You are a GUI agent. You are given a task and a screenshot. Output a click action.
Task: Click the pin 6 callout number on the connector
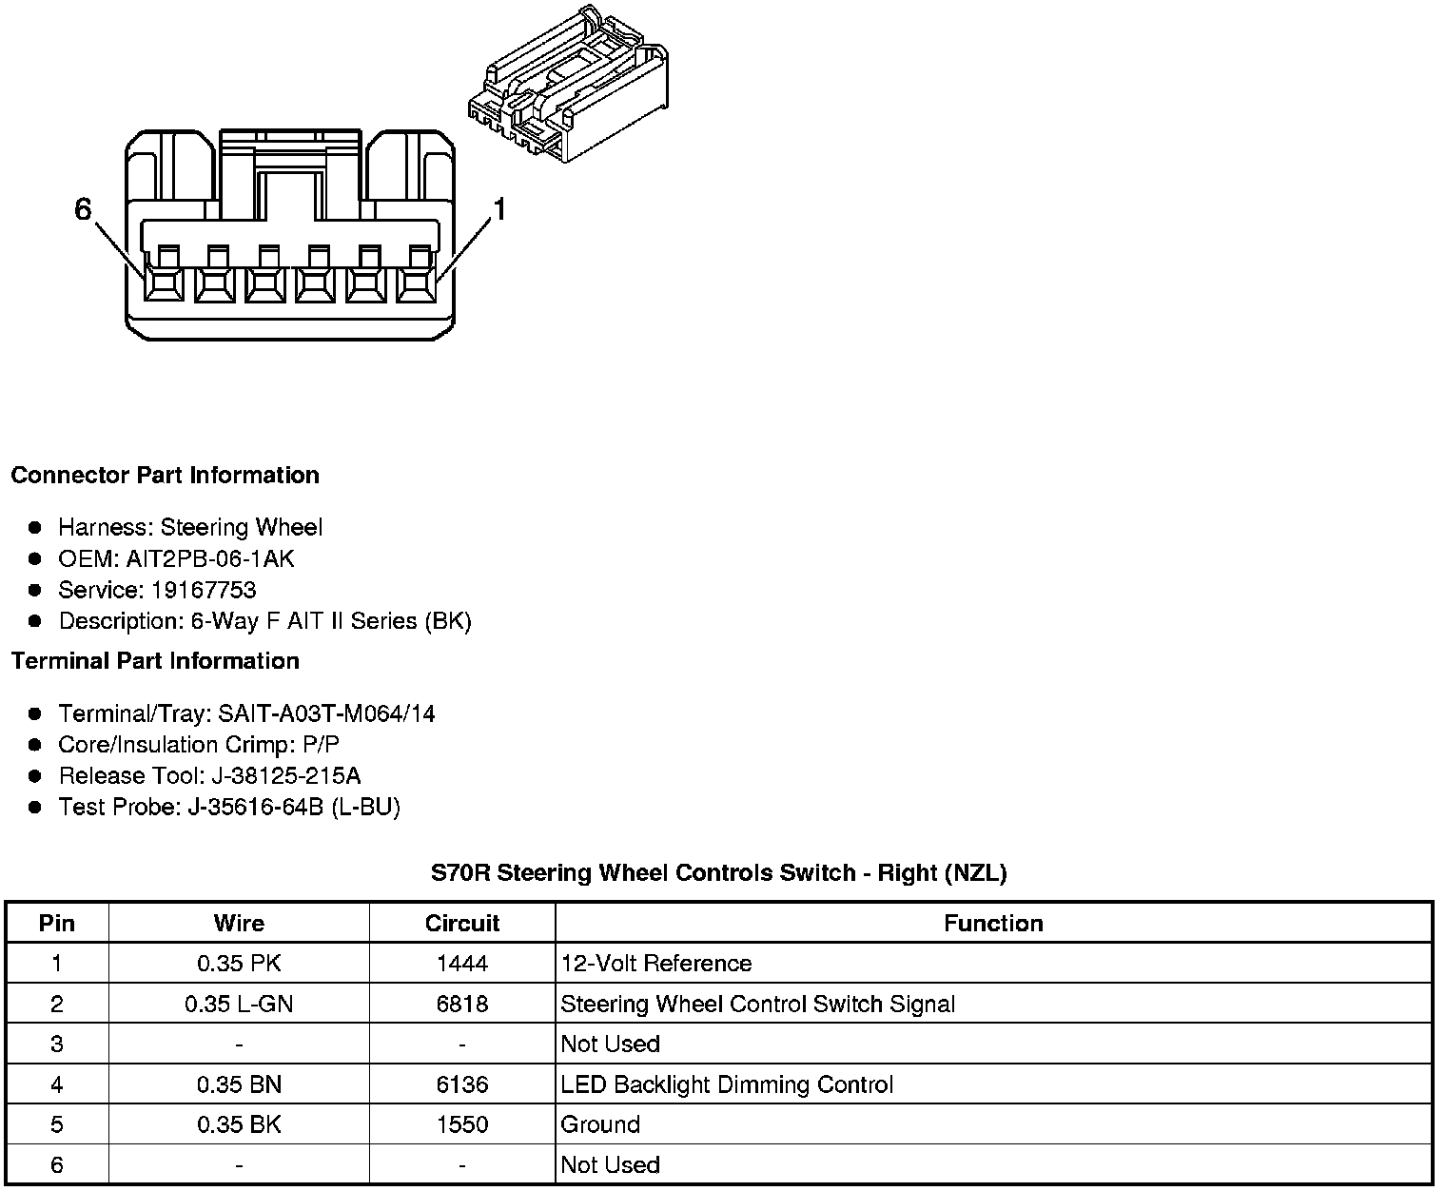pyautogui.click(x=83, y=209)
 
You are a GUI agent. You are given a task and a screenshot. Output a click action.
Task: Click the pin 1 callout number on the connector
pyautogui.click(x=498, y=209)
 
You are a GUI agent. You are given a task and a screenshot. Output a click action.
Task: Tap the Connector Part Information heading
pyautogui.click(x=165, y=476)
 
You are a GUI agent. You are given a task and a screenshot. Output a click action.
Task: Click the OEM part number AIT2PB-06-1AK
pyautogui.click(x=209, y=558)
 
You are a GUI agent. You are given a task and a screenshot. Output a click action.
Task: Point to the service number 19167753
pyautogui.click(x=204, y=590)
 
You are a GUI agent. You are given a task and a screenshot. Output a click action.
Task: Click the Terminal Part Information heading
pyautogui.click(x=155, y=661)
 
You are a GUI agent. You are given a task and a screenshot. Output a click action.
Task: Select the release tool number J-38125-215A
pyautogui.click(x=283, y=776)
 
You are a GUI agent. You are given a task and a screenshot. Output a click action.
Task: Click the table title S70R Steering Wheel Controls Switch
pyautogui.click(x=718, y=872)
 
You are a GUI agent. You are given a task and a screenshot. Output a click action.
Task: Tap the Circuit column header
pyautogui.click(x=462, y=924)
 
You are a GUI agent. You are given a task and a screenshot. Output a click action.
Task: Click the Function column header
pyautogui.click(x=993, y=924)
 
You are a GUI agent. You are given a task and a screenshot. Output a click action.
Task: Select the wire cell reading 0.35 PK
pyautogui.click(x=239, y=964)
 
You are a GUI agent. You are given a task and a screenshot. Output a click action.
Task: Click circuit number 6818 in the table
pyautogui.click(x=462, y=1005)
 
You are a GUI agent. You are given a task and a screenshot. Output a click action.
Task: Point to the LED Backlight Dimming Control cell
pyautogui.click(x=727, y=1084)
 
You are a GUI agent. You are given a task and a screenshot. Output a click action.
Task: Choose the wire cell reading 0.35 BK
pyautogui.click(x=239, y=1124)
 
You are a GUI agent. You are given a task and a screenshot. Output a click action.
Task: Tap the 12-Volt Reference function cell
pyautogui.click(x=656, y=964)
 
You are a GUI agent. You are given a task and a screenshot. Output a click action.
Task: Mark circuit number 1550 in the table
pyautogui.click(x=462, y=1124)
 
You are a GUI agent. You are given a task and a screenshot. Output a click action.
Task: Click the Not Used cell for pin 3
pyautogui.click(x=610, y=1045)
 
